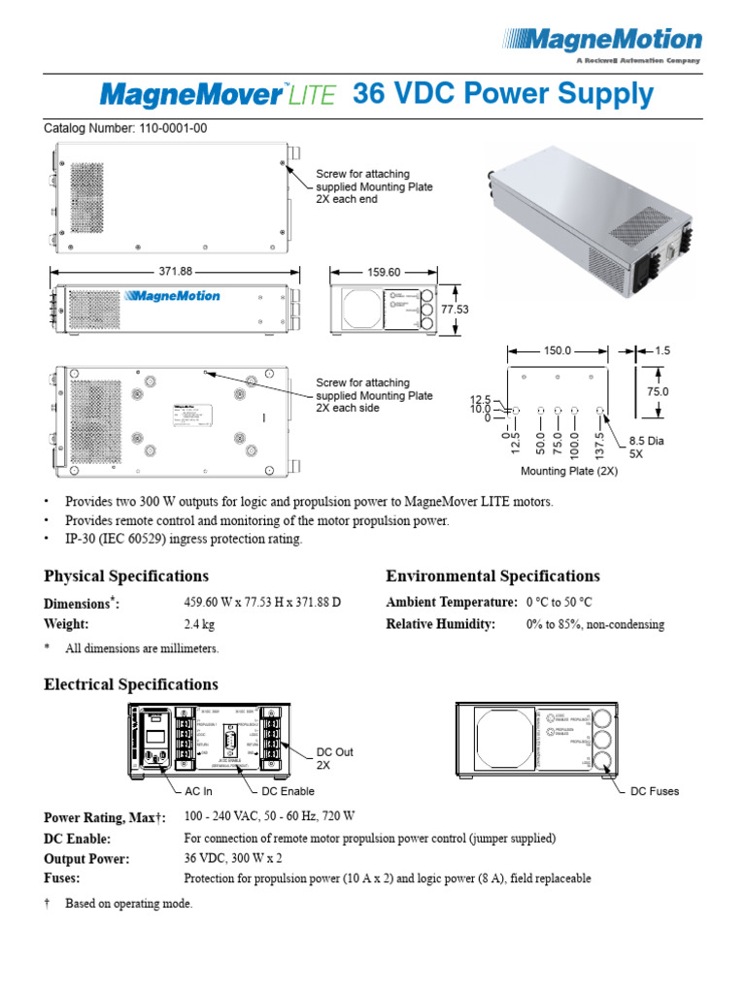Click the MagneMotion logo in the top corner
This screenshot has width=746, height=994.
pyautogui.click(x=602, y=42)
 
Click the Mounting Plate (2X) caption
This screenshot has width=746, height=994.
pyautogui.click(x=569, y=471)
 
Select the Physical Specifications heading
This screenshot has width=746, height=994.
pyautogui.click(x=125, y=576)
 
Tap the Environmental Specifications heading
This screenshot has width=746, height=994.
pyautogui.click(x=492, y=576)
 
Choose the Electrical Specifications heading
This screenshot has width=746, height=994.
pyautogui.click(x=130, y=684)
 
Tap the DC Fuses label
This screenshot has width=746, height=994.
pyautogui.click(x=655, y=791)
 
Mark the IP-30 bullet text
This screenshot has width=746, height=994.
pyautogui.click(x=184, y=539)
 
